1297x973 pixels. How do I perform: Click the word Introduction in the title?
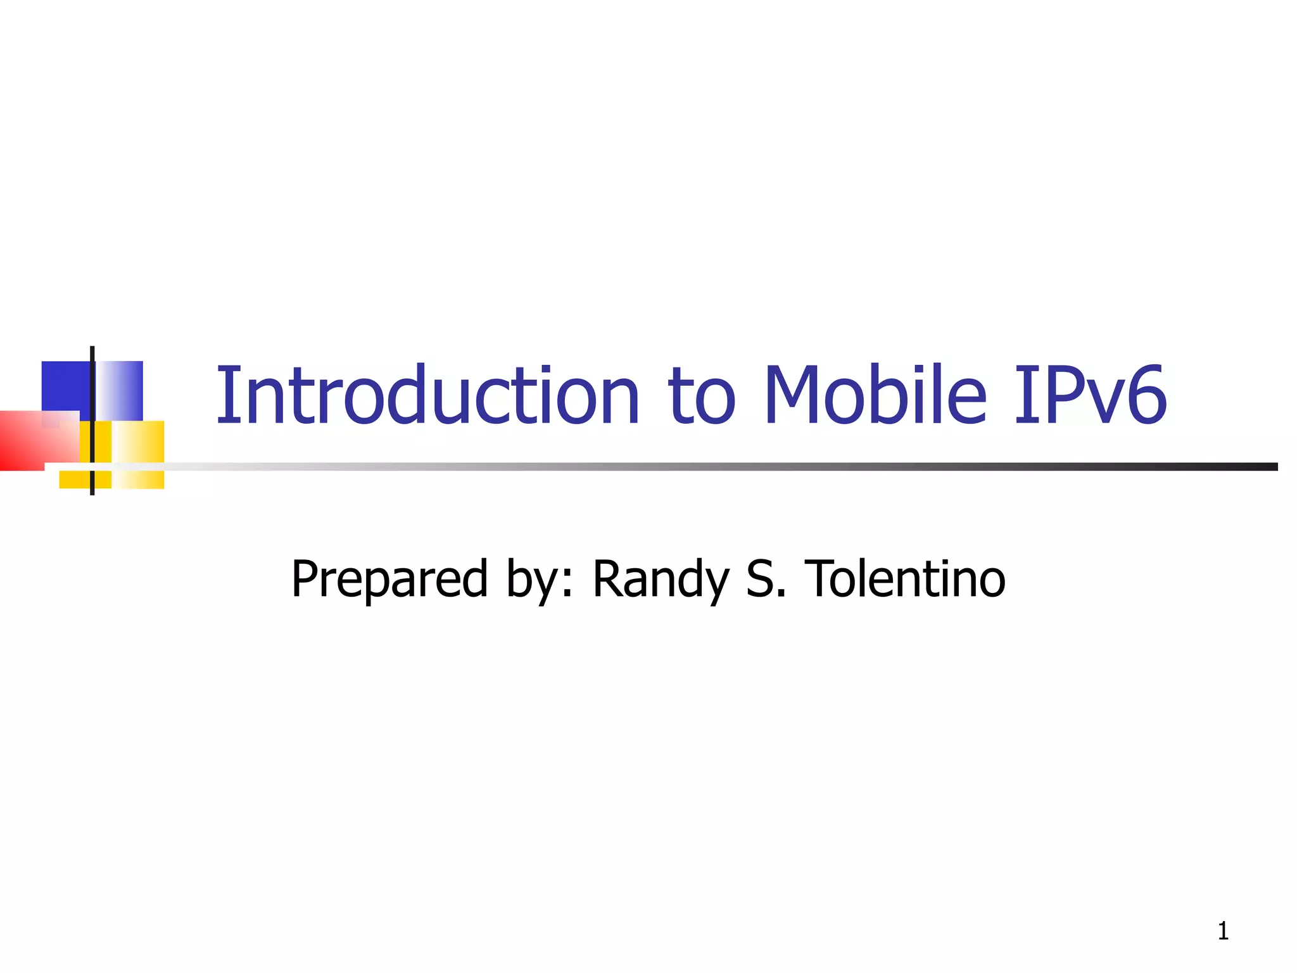[428, 395]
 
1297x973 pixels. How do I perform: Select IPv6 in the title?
[1089, 395]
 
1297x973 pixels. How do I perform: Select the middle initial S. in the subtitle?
[766, 579]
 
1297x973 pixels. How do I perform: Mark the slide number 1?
[1223, 931]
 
